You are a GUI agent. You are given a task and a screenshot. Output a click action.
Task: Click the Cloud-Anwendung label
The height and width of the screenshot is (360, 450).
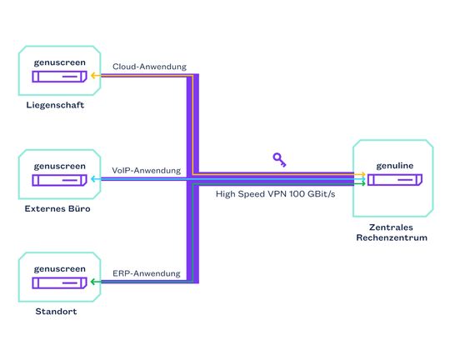(x=150, y=66)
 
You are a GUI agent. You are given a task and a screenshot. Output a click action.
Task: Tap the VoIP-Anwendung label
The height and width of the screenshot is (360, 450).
(x=147, y=170)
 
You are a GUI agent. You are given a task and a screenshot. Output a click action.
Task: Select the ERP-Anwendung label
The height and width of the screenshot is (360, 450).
(x=147, y=273)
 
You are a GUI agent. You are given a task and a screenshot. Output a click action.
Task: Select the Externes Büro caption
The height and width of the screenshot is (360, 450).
(x=57, y=208)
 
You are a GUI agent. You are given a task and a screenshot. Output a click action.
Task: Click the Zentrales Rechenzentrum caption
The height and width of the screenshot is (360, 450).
(x=392, y=232)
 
